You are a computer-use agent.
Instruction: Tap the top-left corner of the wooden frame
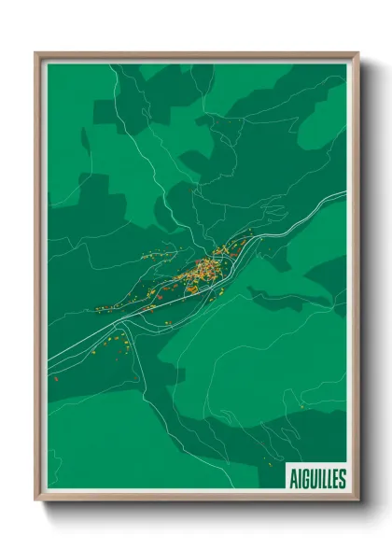37,54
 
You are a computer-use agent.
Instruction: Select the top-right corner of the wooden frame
357,54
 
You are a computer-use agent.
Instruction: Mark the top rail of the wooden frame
196,55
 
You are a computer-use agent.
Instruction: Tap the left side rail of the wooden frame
38,280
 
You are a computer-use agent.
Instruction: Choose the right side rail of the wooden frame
356,280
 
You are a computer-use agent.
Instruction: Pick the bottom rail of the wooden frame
196,500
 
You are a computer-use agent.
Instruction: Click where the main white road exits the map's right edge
345,193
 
